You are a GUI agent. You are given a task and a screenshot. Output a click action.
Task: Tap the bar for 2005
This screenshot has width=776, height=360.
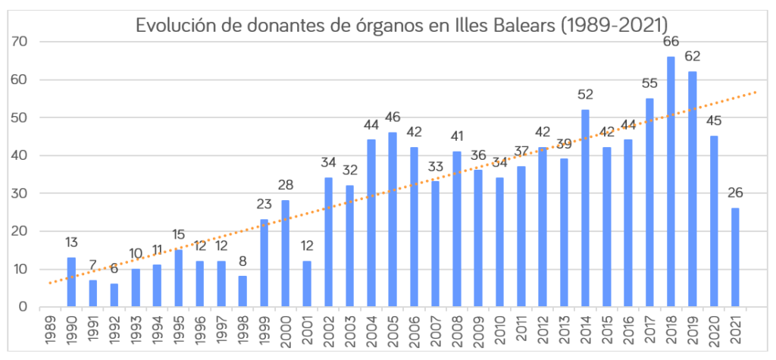[x=393, y=220]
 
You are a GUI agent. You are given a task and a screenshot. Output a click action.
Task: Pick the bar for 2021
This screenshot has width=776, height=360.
[x=735, y=258]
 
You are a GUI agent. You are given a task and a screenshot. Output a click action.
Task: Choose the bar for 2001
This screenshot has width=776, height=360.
[x=307, y=284]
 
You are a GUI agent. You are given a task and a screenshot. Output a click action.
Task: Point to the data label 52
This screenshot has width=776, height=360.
[x=585, y=95]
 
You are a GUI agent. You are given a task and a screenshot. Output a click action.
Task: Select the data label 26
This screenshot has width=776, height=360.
[x=735, y=193]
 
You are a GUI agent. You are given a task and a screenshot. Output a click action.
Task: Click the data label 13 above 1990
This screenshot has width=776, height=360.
[x=71, y=243]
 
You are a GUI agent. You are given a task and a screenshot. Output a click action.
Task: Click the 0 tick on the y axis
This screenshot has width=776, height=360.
[x=23, y=307]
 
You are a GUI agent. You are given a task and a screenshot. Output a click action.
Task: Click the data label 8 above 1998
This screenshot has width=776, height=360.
[x=243, y=261]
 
